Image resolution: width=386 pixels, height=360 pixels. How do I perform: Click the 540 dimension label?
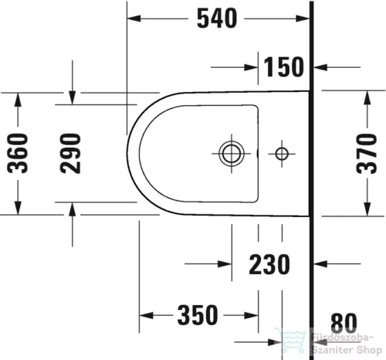click(215, 19)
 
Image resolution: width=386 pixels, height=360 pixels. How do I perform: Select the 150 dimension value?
click(282, 67)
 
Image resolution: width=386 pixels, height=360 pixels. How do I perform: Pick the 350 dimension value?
click(196, 315)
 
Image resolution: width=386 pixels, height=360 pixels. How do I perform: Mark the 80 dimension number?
click(344, 321)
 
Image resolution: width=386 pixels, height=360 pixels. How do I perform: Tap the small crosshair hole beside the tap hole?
click(282, 152)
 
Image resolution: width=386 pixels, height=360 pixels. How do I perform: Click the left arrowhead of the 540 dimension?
click(133, 19)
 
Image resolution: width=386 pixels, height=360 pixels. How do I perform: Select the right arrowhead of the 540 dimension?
click(305, 19)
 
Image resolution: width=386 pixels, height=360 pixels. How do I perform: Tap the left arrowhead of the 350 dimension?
click(145, 315)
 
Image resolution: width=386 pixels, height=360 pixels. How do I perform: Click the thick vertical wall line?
click(311, 178)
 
